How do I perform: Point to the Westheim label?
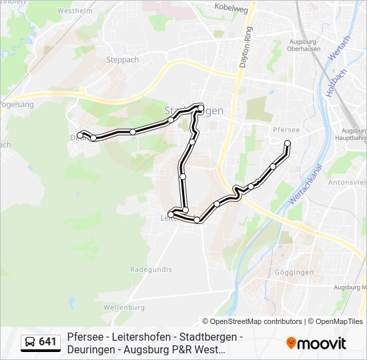(x=74, y=11)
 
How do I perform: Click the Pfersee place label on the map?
(x=286, y=129)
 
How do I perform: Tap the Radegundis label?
(x=151, y=269)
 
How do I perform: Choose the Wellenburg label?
(x=124, y=307)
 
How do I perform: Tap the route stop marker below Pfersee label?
(x=288, y=143)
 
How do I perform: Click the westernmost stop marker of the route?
(x=80, y=135)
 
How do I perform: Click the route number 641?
(x=48, y=342)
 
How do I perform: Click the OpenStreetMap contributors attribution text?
(x=256, y=321)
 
